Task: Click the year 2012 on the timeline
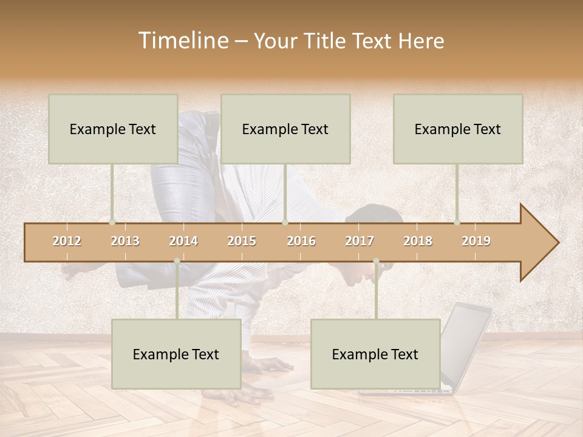tap(67, 241)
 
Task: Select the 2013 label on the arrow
tap(125, 241)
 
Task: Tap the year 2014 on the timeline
tap(183, 241)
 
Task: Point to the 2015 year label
tap(242, 241)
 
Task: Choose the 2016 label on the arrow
tap(301, 241)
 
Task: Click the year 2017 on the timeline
tap(360, 241)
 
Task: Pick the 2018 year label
tap(418, 241)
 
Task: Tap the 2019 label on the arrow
tap(476, 241)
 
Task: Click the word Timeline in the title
tap(182, 41)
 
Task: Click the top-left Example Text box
tap(113, 129)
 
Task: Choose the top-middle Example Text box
tap(285, 129)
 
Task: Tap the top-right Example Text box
tap(458, 129)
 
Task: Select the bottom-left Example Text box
tap(176, 354)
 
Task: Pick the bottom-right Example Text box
tap(375, 354)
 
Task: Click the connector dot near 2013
tap(112, 223)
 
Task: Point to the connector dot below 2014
tap(177, 261)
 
